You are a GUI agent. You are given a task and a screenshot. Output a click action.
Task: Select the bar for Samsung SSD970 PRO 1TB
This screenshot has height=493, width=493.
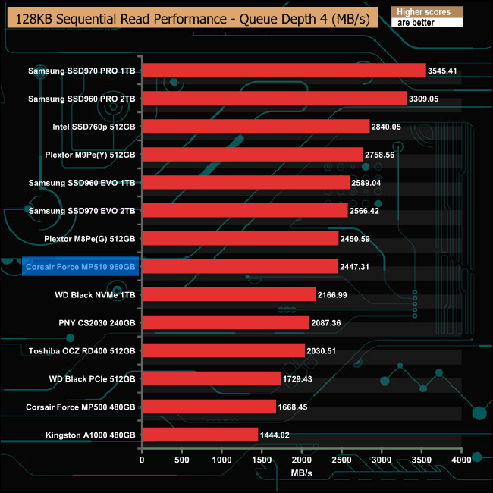284,71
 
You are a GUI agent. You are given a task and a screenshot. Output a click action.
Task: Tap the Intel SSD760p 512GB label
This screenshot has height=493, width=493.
93,127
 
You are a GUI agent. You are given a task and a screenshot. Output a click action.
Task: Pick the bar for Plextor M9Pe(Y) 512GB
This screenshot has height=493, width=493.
253,155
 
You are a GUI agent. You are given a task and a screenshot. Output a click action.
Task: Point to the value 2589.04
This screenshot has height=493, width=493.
371,183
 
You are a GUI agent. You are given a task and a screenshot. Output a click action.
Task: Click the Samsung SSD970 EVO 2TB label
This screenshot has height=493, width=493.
82,211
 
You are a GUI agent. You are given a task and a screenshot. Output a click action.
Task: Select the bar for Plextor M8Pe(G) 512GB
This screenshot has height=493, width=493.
240,239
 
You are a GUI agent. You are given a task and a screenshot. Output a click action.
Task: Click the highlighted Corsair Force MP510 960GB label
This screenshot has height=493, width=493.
80,267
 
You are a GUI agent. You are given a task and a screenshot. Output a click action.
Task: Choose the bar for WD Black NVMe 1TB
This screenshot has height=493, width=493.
229,294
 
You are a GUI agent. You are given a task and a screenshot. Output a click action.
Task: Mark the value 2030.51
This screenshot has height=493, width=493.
326,350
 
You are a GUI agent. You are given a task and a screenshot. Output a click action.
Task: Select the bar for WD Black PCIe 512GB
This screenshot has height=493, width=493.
212,378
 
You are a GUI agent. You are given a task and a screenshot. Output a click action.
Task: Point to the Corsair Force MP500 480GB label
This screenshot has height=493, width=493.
80,407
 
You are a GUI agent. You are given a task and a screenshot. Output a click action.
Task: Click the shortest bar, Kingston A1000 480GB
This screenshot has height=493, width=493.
200,435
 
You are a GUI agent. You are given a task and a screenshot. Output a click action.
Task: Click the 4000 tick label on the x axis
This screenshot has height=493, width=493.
461,460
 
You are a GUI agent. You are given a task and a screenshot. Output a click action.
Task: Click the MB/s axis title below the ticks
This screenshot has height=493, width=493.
302,473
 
